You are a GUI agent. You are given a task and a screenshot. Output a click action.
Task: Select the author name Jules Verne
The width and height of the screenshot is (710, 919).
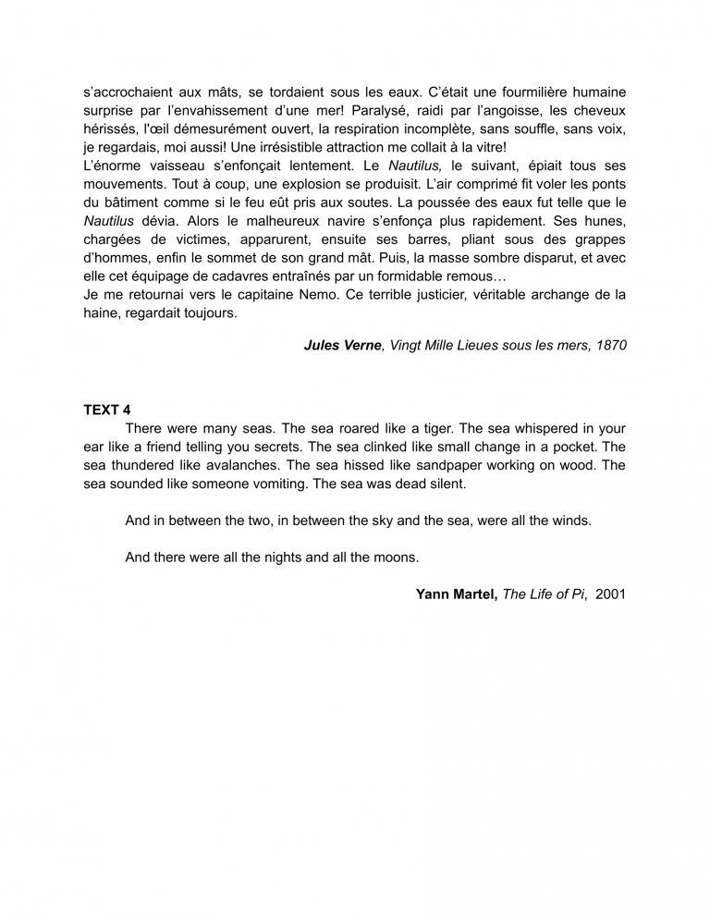point(342,345)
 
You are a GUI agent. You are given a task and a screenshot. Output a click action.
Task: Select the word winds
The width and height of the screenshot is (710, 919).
point(569,521)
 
